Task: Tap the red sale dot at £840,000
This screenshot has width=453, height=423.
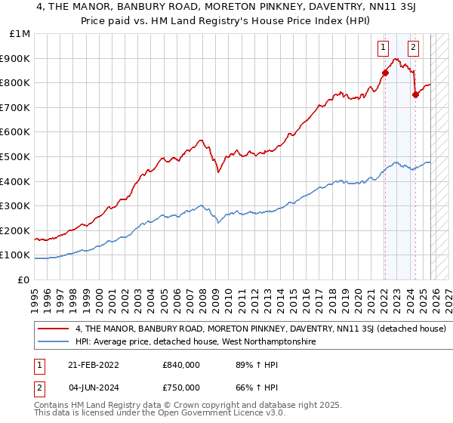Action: (x=384, y=73)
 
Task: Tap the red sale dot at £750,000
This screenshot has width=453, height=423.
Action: (x=415, y=94)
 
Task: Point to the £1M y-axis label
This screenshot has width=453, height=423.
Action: (x=20, y=34)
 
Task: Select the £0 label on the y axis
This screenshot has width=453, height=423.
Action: (x=24, y=279)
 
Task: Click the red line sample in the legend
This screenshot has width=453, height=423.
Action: (x=54, y=329)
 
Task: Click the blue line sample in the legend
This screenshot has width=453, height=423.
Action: (x=54, y=342)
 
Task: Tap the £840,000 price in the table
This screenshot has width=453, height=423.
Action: (x=181, y=365)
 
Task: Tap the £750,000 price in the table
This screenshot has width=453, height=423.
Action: (x=181, y=389)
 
